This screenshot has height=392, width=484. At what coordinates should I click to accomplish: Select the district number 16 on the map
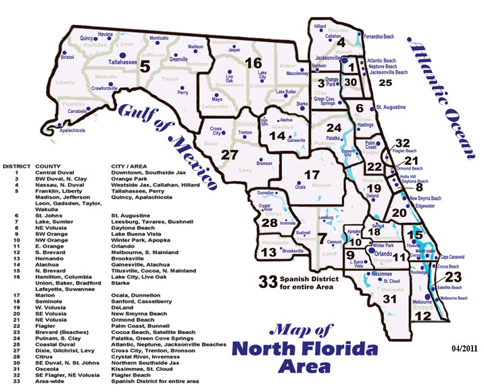[x=253, y=64]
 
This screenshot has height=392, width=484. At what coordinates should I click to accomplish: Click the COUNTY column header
[x=45, y=166]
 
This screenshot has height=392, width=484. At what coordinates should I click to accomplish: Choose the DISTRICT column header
[x=16, y=166]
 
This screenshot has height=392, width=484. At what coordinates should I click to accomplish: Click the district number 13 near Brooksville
[x=268, y=252]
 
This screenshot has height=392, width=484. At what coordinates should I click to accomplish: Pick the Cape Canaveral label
[x=454, y=258]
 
